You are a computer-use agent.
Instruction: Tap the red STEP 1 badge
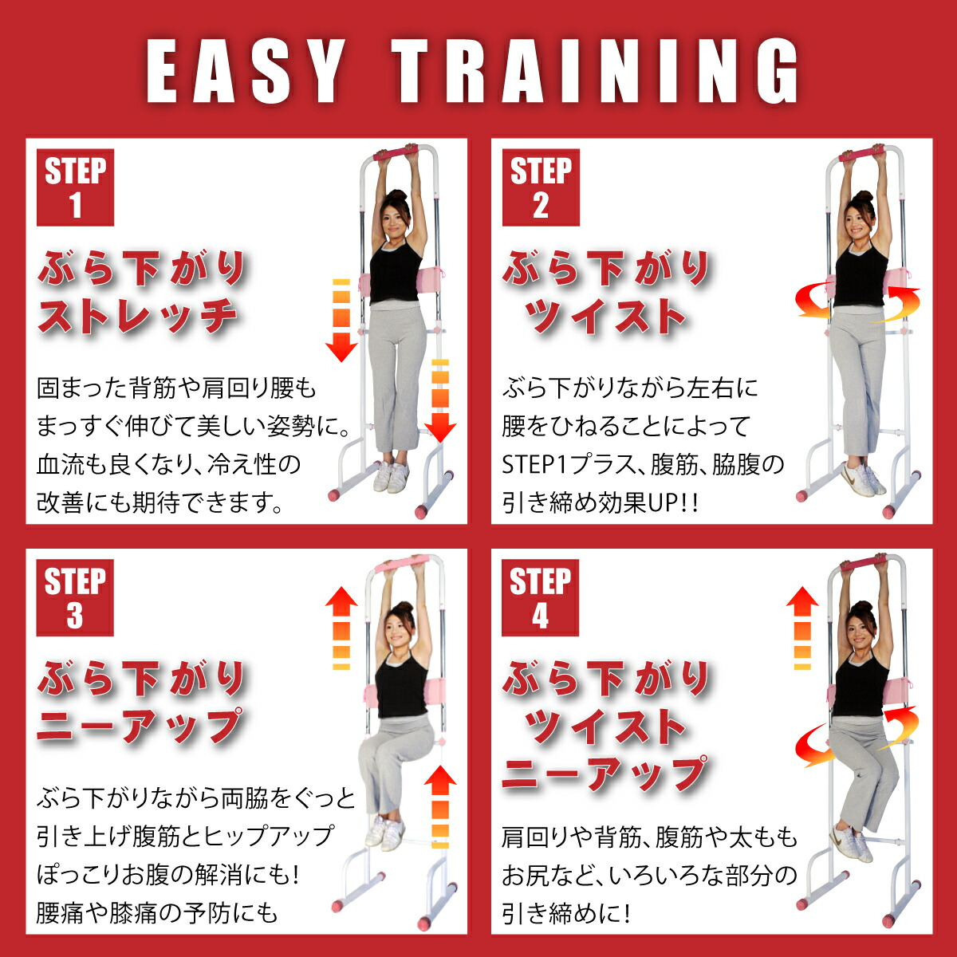pyautogui.click(x=76, y=187)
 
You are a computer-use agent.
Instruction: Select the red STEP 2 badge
pyautogui.click(x=541, y=187)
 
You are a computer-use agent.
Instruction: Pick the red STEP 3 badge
pyautogui.click(x=75, y=597)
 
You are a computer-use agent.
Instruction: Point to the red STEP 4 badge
pyautogui.click(x=540, y=597)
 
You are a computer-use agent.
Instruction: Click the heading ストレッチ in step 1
pyautogui.click(x=137, y=317)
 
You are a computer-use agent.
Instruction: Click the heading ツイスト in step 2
pyautogui.click(x=605, y=317)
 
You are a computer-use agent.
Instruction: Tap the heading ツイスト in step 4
pyautogui.click(x=605, y=727)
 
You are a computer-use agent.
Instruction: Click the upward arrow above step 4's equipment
pyautogui.click(x=802, y=627)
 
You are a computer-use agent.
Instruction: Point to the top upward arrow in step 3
pyautogui.click(x=341, y=627)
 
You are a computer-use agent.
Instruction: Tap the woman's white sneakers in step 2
pyautogui.click(x=860, y=478)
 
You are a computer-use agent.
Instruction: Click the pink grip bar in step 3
pyautogui.click(x=404, y=564)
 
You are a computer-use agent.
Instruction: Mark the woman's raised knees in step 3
pyautogui.click(x=381, y=750)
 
